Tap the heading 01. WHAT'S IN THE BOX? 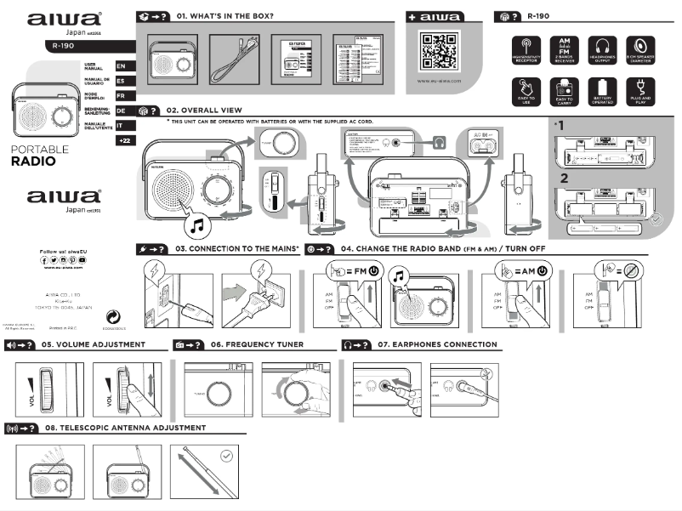(224, 16)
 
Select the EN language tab (122, 65)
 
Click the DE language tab (122, 111)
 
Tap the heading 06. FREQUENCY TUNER (258, 344)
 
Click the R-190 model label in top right (537, 16)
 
